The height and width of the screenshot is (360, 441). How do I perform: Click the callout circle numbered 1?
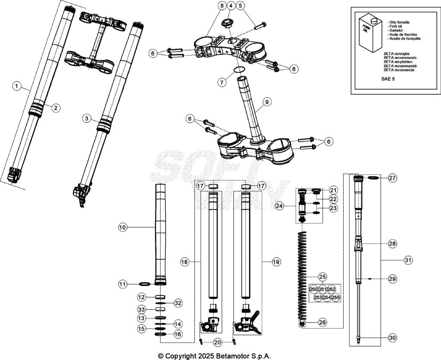16,86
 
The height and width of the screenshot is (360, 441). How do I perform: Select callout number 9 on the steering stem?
267,102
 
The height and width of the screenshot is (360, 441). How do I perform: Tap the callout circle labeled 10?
123,227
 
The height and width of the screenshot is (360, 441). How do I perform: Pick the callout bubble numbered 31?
407,260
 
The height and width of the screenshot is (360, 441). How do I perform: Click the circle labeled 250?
314,289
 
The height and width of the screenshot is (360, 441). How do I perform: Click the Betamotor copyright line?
214,356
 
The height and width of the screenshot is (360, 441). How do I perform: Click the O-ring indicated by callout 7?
239,70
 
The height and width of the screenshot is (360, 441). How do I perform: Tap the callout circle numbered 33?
141,309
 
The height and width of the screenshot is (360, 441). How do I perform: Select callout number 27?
392,178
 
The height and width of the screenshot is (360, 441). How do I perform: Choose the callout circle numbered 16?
178,334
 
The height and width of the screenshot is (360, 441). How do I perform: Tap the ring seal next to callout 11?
146,284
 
